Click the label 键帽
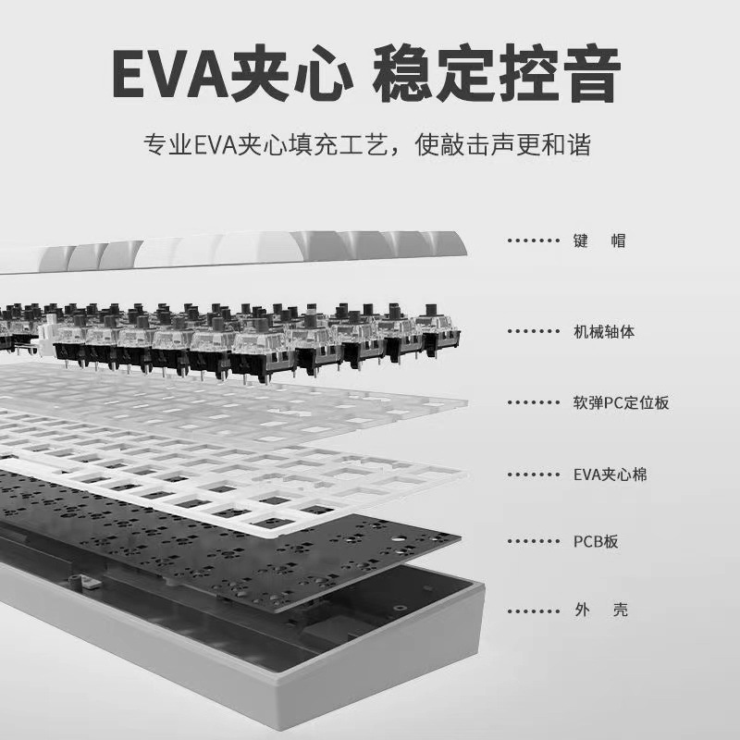click(599, 241)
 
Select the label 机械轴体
click(604, 331)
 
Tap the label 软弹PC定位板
click(621, 402)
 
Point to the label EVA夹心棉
click(610, 475)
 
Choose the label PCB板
click(596, 541)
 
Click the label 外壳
click(599, 611)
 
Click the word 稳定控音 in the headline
click(497, 74)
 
